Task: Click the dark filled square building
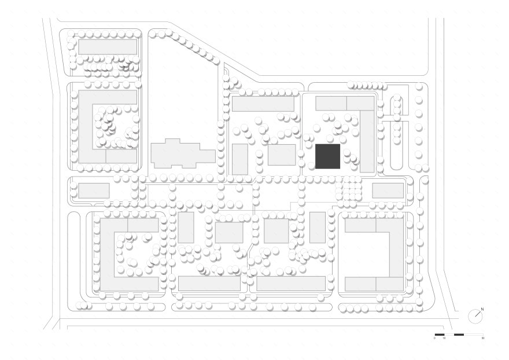327,156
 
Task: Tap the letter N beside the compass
482,310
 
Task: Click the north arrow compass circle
474,316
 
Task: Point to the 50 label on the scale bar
482,339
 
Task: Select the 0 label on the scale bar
434,339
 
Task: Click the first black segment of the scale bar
439,335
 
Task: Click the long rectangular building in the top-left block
108,47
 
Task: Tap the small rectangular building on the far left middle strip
94,190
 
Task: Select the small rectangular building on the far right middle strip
388,190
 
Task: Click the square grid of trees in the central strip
349,189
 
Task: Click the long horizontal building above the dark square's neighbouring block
263,104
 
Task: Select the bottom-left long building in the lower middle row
209,284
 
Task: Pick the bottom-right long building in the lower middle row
291,284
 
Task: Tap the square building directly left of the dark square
282,155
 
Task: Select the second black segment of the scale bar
459,335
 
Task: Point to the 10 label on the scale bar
444,339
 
